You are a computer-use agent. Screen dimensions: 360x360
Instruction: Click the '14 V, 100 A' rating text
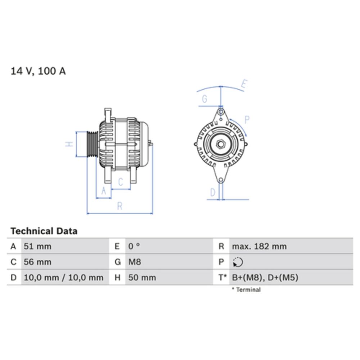pos(38,71)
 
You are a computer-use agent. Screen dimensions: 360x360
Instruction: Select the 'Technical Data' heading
pos(44,231)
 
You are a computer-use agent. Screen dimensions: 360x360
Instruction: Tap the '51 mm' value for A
pos(37,247)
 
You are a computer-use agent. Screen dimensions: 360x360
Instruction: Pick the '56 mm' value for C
pos(37,262)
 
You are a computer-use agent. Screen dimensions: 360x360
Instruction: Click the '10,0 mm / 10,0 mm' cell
pos(63,278)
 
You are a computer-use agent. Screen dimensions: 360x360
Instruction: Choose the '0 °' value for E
pos(134,247)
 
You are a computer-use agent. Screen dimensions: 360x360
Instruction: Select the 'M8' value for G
pos(135,262)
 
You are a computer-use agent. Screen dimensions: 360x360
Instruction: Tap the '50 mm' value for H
pos(142,278)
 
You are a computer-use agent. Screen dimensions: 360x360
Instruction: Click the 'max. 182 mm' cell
pos(259,247)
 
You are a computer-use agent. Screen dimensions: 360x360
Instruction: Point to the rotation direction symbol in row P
pos(238,262)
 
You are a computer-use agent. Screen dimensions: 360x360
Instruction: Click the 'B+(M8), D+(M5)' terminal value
pos(265,278)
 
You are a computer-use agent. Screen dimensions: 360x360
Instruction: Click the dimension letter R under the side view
pos(120,206)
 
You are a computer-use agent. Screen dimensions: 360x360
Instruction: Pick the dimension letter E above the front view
pos(244,85)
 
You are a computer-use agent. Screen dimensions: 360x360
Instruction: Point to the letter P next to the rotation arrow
pos(247,120)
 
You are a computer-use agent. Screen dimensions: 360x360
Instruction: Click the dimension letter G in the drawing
pos(204,99)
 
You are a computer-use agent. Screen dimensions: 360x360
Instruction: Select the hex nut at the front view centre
pos(221,144)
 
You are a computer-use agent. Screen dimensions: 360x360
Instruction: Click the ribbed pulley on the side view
pos(92,144)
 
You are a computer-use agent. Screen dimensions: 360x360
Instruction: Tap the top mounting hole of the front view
pos(221,112)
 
